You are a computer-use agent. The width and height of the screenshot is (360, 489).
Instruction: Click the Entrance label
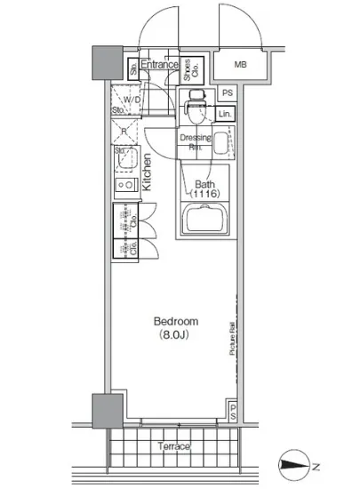click(161, 65)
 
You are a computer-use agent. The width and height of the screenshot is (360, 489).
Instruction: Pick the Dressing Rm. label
click(195, 142)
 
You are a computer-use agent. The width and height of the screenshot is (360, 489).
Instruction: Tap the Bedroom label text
click(175, 321)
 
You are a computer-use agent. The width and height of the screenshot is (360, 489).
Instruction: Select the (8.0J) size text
click(175, 336)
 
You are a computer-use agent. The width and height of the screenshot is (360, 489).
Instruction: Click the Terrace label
click(174, 446)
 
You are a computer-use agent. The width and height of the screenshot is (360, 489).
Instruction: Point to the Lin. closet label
click(225, 114)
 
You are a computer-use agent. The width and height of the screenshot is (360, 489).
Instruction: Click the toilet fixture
click(195, 107)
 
